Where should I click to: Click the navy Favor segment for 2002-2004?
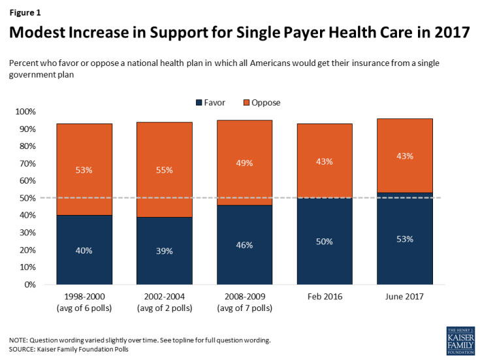click(x=164, y=251)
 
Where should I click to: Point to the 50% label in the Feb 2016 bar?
click(x=325, y=242)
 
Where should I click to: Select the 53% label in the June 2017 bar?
click(x=405, y=238)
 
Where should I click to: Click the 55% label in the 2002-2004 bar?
click(x=164, y=171)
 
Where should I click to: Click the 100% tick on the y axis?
click(x=27, y=112)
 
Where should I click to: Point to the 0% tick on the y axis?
click(x=31, y=285)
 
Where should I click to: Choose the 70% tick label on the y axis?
click(x=29, y=163)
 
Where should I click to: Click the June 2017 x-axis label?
click(x=405, y=296)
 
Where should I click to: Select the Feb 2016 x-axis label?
click(x=325, y=296)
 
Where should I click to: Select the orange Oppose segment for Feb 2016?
click(x=325, y=161)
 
